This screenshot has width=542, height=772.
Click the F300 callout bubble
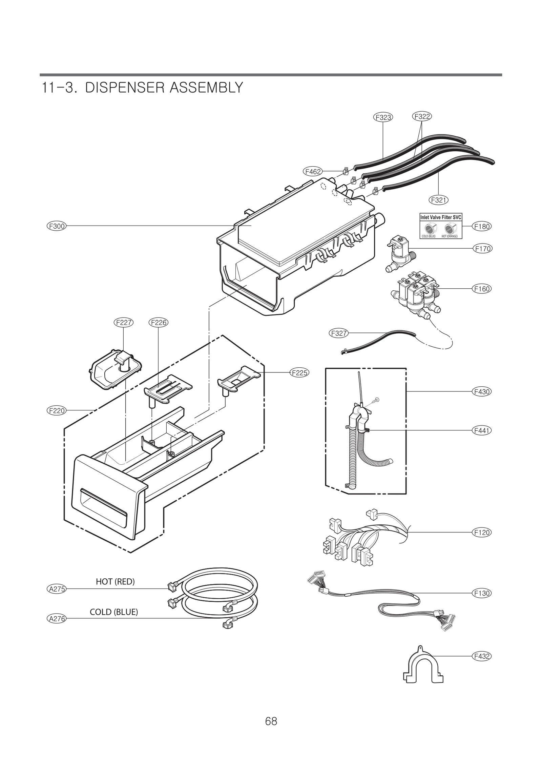56,226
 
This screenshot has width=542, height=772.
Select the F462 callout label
313,172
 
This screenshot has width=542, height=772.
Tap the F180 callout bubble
482,226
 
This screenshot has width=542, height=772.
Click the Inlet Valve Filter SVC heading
441,217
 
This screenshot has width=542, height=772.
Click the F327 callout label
339,333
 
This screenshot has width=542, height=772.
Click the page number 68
271,730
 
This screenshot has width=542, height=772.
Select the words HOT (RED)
115,582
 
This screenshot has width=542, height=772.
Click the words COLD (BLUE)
114,612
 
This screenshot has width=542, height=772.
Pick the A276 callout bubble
56,619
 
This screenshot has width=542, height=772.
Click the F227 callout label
123,322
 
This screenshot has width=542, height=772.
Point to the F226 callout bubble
159,322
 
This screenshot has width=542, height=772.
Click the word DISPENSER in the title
125,88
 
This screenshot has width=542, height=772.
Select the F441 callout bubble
482,430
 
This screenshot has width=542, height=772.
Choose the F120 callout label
482,532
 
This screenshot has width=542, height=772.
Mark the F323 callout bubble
383,117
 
